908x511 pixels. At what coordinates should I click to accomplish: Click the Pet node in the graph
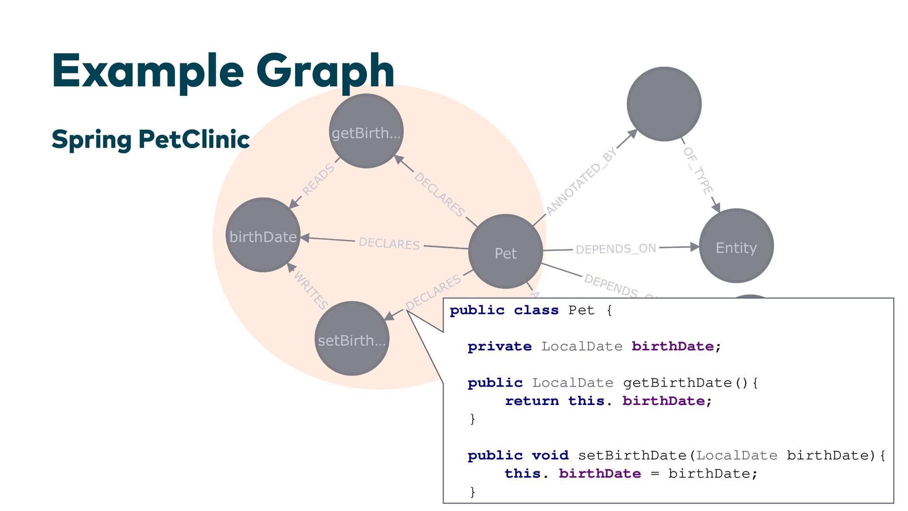(505, 251)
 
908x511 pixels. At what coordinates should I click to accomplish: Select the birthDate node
(263, 235)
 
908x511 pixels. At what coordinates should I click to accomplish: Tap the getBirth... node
(366, 131)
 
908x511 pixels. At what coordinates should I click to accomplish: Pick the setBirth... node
(352, 339)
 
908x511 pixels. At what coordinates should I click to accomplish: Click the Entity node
(736, 246)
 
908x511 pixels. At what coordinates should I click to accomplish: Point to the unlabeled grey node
(664, 104)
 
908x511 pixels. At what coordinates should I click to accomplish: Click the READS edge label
(318, 179)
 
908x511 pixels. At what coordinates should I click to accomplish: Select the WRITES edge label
(311, 289)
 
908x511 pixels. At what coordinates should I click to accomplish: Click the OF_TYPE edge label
(698, 170)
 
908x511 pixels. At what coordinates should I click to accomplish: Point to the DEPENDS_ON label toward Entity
(616, 248)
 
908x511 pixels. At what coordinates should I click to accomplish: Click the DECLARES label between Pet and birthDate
(389, 243)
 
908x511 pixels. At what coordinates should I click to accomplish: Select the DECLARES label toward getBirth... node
(439, 194)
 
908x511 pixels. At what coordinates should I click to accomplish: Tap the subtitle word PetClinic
(194, 139)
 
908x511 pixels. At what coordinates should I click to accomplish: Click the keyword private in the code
(499, 346)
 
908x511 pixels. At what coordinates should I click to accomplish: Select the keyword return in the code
(532, 401)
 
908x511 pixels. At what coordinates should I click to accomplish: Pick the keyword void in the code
(550, 455)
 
